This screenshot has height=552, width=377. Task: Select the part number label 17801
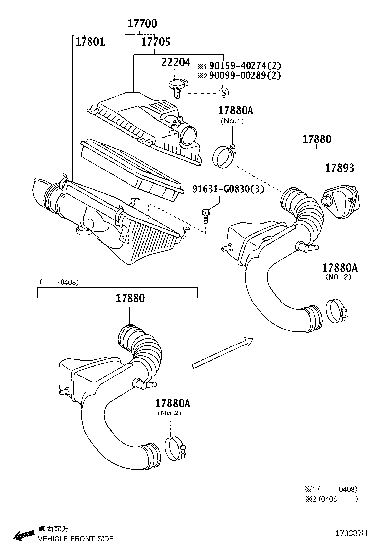(x=90, y=41)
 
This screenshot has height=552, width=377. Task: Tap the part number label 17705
(x=156, y=41)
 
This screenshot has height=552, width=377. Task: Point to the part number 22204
(x=176, y=62)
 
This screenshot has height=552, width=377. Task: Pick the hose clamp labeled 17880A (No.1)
(x=224, y=155)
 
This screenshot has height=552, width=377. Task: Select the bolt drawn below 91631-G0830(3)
(x=206, y=214)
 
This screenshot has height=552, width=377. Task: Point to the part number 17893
(x=340, y=168)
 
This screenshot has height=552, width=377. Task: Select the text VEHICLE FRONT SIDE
(x=75, y=538)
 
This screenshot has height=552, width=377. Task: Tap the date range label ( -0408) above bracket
(x=59, y=282)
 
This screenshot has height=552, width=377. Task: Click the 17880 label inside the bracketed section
(x=130, y=298)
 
